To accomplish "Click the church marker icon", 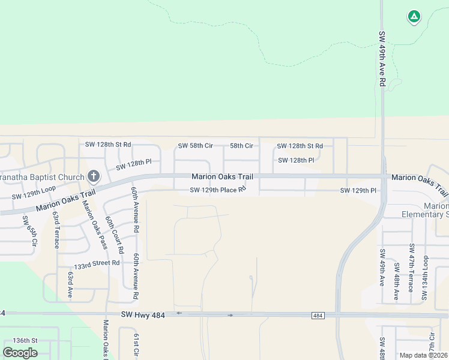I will pyautogui.click(x=93, y=176).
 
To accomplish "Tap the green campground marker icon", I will pyautogui.click(x=414, y=16).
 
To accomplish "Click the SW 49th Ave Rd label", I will pyautogui.click(x=381, y=59).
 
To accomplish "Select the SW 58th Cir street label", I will pyautogui.click(x=196, y=146).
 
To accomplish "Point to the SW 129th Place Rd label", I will pyautogui.click(x=218, y=190).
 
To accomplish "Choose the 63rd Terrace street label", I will pyautogui.click(x=56, y=229).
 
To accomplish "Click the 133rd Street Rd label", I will pyautogui.click(x=97, y=263).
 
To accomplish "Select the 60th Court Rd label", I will pyautogui.click(x=114, y=235).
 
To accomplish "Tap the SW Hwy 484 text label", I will pyautogui.click(x=143, y=314).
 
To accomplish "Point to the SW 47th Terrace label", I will pyautogui.click(x=411, y=268).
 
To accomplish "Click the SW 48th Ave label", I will pyautogui.click(x=396, y=281).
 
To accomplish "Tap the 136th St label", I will pyautogui.click(x=25, y=340).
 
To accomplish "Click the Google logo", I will pyautogui.click(x=20, y=352).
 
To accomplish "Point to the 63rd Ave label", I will pyautogui.click(x=70, y=284).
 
